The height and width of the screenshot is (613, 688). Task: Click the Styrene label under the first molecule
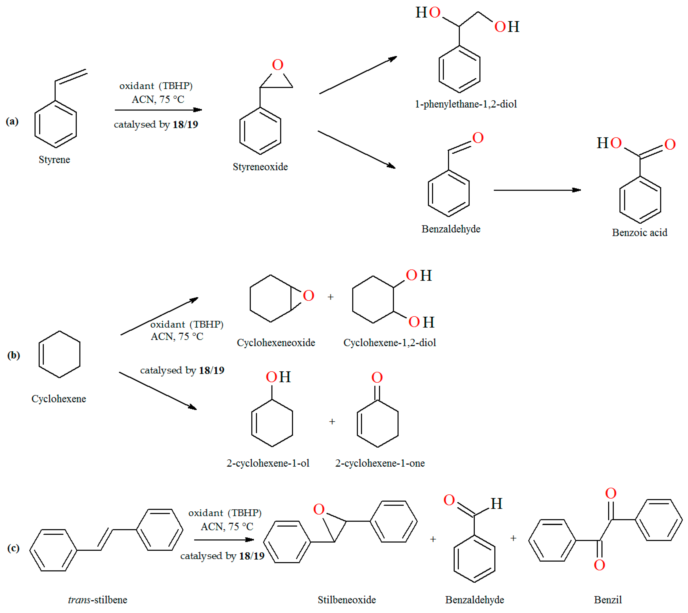(54, 160)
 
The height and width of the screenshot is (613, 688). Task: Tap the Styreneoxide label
(260, 167)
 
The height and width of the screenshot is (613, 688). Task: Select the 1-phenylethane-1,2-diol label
(466, 104)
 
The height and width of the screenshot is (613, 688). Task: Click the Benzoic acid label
(639, 232)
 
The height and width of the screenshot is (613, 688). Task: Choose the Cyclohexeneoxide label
(276, 342)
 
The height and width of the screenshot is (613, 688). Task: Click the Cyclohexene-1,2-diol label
(390, 342)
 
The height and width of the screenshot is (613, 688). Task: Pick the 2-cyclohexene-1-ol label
(268, 463)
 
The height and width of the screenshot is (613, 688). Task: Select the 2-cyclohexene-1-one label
(380, 463)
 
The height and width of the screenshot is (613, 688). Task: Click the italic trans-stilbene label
(97, 600)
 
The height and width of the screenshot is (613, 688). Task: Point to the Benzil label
(608, 600)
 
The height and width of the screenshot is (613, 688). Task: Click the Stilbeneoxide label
(346, 600)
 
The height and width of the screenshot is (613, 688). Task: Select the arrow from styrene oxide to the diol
(358, 75)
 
